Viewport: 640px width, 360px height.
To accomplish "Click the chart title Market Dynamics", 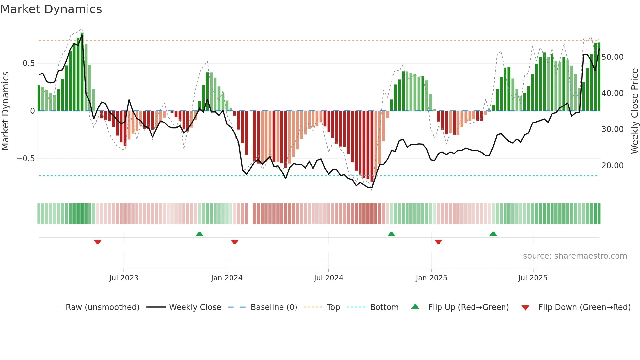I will point(51,9).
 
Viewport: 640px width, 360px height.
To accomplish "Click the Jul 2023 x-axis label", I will point(124,278).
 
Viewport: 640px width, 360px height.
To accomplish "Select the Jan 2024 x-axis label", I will point(227,278).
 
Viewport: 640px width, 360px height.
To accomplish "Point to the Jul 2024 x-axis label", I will point(328,278).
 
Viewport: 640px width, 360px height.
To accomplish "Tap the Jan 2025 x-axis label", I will point(431,278).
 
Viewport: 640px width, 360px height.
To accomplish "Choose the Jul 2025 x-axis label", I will point(533,278).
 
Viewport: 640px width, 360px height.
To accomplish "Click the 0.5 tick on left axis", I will point(29,63).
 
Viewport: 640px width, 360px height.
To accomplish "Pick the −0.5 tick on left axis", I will point(26,159).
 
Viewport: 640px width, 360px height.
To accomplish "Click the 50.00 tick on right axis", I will point(613,57).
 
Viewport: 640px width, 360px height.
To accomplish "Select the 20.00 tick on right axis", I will point(613,166).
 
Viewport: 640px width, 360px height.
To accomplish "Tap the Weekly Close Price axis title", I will point(634,111).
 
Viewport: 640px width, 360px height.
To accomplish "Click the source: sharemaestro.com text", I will point(575,256).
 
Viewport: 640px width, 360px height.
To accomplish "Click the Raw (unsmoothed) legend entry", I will point(102,307).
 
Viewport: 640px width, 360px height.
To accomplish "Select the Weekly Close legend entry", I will point(195,307).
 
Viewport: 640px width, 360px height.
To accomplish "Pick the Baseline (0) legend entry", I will point(274,307).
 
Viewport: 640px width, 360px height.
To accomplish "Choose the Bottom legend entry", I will point(384,307).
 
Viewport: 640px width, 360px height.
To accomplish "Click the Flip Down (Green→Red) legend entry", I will point(584,307).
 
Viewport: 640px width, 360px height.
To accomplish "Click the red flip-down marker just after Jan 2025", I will point(439,242).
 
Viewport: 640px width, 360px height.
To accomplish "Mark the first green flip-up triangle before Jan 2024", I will point(200,234).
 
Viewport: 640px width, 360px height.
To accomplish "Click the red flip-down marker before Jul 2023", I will point(98,242).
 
